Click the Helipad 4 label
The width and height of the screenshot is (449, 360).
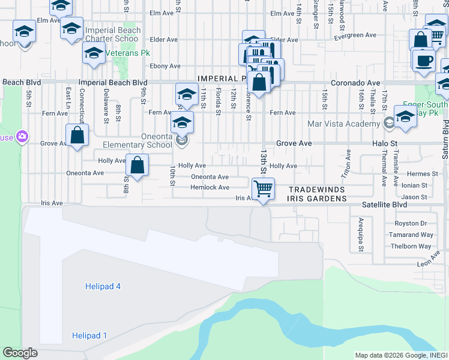102,287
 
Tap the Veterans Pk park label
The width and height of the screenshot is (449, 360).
128,53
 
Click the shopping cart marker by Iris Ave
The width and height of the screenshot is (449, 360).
263,189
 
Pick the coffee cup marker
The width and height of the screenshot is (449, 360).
424,61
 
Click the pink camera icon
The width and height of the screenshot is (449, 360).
23,136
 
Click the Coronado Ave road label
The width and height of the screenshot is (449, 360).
355,83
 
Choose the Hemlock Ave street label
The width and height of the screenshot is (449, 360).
209,187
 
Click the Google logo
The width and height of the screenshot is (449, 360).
20,353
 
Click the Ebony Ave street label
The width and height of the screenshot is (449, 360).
165,66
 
